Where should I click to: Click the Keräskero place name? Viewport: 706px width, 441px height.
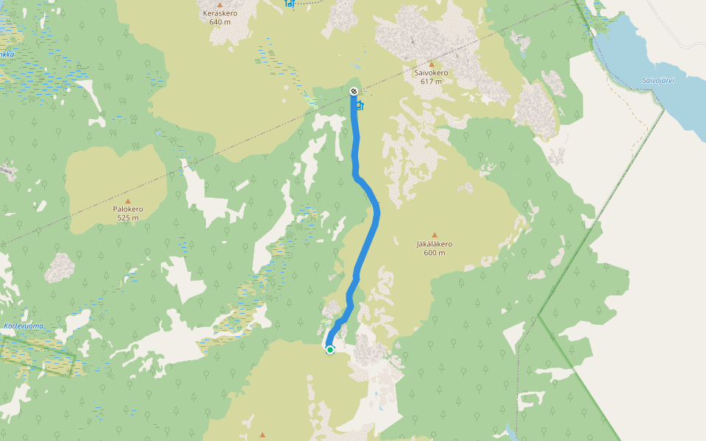tap(219, 13)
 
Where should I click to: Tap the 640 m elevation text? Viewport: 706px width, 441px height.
tap(219, 22)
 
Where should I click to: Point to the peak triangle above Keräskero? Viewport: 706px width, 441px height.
tap(219, 4)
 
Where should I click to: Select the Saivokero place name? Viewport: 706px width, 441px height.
tap(431, 73)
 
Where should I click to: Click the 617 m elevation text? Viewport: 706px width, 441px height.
tap(431, 82)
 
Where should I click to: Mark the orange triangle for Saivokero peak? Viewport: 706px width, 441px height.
tap(431, 65)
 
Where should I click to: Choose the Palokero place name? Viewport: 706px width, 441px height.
tap(127, 209)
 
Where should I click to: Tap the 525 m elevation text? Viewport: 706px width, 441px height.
tap(127, 218)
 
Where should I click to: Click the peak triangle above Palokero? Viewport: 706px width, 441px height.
tap(127, 201)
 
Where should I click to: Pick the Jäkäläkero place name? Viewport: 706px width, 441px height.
tap(434, 244)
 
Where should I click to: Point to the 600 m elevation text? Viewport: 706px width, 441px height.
tap(434, 253)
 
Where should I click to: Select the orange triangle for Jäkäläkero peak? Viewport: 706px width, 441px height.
tap(434, 235)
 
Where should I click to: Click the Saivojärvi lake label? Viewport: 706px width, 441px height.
tap(657, 80)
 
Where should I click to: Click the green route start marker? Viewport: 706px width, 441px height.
tap(330, 350)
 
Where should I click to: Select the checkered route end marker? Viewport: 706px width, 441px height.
tap(354, 91)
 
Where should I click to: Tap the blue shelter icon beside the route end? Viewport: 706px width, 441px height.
tap(360, 106)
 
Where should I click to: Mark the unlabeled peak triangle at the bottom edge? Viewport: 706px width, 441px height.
tap(263, 435)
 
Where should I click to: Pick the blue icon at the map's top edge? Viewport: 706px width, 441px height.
tap(290, 4)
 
